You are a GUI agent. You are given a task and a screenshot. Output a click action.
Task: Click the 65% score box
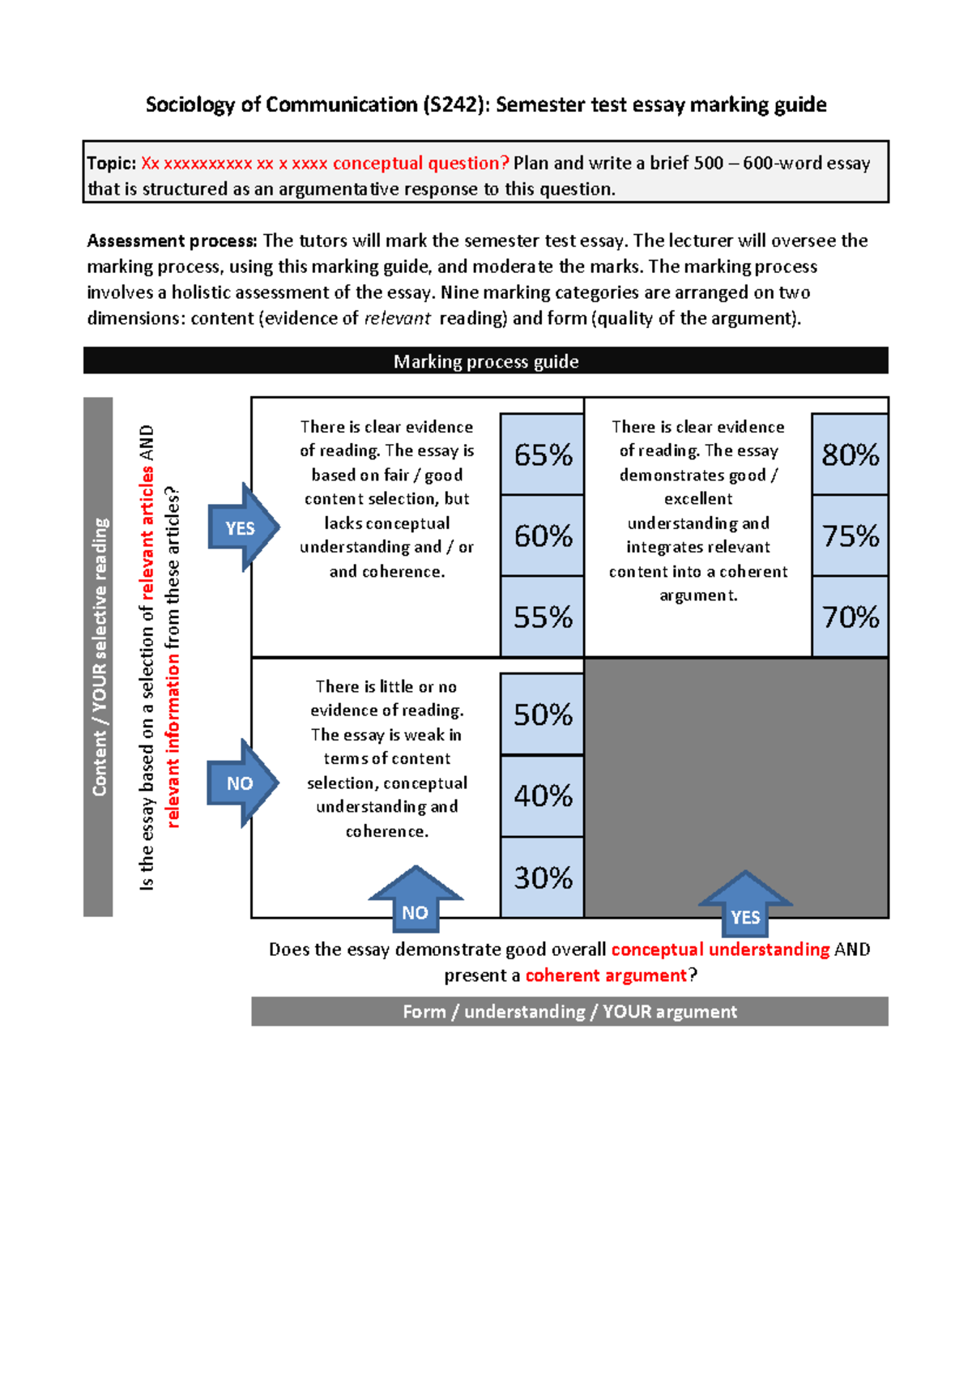[542, 454]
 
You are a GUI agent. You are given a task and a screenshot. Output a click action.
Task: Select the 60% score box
[542, 536]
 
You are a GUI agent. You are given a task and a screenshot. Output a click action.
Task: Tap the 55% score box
[542, 617]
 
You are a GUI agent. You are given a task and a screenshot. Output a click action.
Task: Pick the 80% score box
[850, 454]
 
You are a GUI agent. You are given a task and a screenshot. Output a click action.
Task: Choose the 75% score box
[850, 536]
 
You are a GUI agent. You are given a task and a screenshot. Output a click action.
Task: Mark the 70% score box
[850, 617]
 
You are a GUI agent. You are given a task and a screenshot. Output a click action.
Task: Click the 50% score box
[542, 715]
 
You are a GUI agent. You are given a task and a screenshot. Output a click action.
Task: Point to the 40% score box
[542, 796]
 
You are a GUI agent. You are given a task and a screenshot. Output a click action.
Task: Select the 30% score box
[542, 877]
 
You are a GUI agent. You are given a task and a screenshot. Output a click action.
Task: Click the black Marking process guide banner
[486, 361]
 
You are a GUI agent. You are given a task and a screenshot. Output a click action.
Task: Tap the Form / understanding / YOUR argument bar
[569, 1012]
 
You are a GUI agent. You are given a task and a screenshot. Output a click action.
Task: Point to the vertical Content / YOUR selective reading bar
[98, 656]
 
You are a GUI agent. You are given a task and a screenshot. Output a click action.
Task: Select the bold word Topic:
[112, 163]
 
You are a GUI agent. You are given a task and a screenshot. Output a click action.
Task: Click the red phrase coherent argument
[606, 975]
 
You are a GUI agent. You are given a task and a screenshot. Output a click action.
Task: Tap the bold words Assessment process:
[172, 241]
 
